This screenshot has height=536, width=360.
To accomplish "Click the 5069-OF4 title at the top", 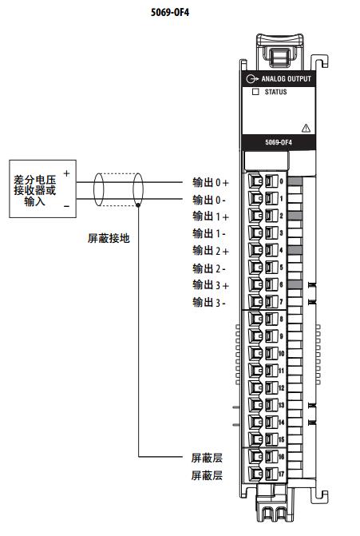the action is pos(170,12).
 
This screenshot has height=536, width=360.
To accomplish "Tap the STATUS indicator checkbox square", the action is pos(255,92).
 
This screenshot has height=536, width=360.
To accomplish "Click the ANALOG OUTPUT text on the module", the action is pos(287,78).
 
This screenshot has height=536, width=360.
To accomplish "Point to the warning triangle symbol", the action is pos(306,128).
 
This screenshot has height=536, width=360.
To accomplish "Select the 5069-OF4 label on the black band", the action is pos(279,142).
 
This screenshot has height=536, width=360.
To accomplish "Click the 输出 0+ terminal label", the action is pos(211,183).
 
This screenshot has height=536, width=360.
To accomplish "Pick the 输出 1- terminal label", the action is pos(209,234).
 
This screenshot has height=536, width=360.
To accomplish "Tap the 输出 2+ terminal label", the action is pos(211,251).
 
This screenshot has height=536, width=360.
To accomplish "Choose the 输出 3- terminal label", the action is pos(209,302).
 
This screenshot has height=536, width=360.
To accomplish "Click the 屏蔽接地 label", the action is pos(109,238).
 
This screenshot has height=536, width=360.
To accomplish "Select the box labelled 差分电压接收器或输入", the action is pos(42,189).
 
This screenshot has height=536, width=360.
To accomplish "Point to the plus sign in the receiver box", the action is pos(66,173).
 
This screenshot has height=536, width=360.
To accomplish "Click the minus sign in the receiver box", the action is pos(66,206).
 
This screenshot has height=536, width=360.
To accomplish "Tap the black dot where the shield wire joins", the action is pos(137,205).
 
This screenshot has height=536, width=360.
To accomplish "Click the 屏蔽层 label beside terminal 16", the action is pos(207,458).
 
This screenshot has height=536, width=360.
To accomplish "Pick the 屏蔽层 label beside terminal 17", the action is pos(207,475).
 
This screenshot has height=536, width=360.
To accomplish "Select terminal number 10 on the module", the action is pos(282,353).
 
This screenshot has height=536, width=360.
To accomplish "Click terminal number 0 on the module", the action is pos(282,181).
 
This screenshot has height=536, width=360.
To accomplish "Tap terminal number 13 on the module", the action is pos(282,405).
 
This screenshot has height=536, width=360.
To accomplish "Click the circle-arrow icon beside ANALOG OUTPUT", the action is pos(251,79).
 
